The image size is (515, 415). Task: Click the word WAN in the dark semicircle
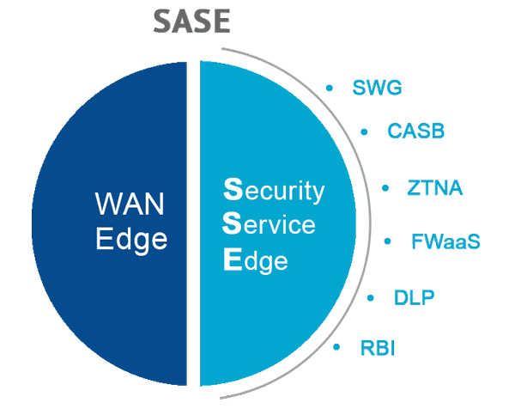point(130,204)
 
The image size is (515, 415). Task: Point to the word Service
point(269,225)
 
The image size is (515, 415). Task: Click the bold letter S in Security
point(229,190)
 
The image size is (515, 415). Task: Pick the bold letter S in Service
point(229,225)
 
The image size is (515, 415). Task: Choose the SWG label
point(377,88)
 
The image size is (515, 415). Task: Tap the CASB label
point(415,131)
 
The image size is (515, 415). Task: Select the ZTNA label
point(435,186)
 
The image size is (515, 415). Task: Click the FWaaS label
point(445,241)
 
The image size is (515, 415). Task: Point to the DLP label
point(415,298)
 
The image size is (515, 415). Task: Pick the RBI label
point(378,348)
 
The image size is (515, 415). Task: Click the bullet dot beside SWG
point(330,88)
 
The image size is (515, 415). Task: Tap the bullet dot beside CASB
point(364,131)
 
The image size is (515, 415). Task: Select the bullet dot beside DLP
point(370,298)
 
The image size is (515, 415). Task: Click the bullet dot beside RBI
point(336,348)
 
